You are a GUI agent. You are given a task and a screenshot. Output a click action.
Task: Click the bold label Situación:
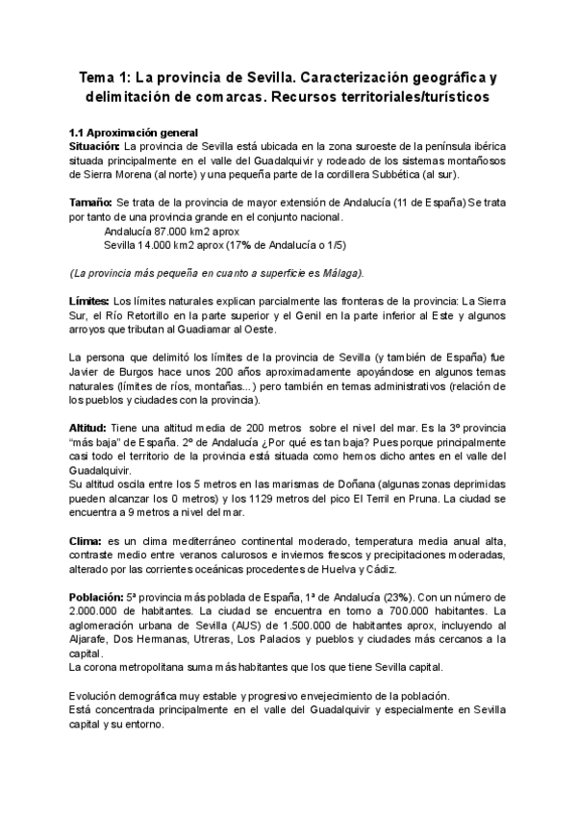click(x=94, y=144)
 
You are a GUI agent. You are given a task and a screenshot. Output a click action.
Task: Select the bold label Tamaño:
click(x=89, y=205)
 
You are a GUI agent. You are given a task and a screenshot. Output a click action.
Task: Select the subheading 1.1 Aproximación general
click(x=134, y=132)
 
